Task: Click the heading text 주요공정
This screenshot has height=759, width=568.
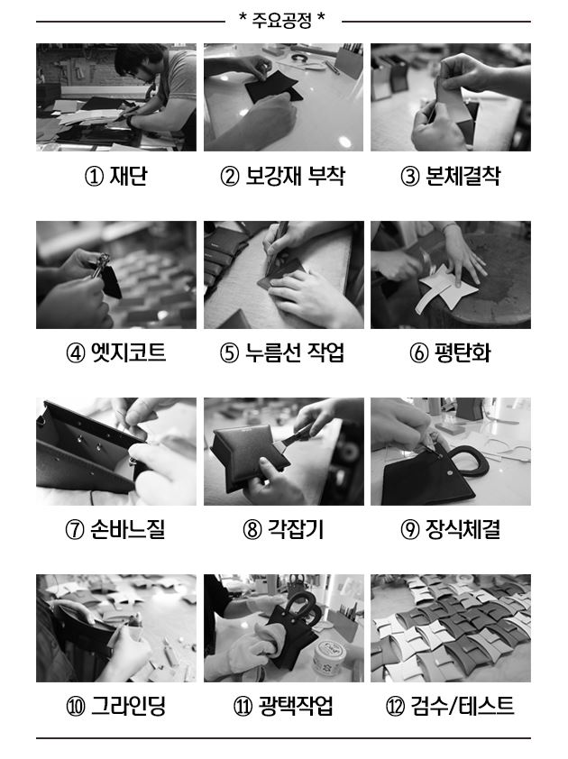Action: coord(282,21)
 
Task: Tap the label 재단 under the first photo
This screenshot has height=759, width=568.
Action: coord(128,176)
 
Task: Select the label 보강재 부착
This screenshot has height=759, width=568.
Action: coord(295,176)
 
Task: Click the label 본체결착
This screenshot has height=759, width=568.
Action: coord(463,176)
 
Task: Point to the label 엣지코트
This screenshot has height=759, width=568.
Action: coord(129,352)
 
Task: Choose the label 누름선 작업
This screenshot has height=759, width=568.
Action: coord(295,352)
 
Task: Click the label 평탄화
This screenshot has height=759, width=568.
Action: coord(463,352)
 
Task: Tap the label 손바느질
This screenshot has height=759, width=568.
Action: coord(128,529)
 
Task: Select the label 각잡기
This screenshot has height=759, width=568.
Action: coord(296,529)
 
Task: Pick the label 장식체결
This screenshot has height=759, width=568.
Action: coord(463,529)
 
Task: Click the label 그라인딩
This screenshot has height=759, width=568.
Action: coord(129,706)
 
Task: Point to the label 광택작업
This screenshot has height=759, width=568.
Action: coord(296,706)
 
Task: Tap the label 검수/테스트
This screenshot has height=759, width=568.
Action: coord(463,706)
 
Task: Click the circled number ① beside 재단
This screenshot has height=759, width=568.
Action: coord(94,177)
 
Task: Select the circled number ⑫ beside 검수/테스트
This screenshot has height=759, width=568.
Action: coord(395,707)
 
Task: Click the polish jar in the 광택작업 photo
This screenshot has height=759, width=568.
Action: coord(329,657)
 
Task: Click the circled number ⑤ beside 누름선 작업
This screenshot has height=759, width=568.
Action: coord(229,353)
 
